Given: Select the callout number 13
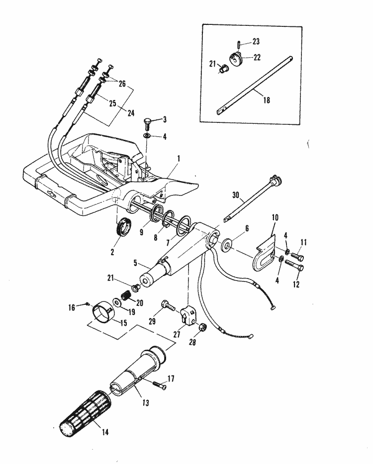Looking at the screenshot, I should click(145, 402).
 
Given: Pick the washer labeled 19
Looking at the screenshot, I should click(116, 303).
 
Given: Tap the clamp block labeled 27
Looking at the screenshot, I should click(189, 315).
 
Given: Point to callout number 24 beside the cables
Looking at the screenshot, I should click(131, 113).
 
